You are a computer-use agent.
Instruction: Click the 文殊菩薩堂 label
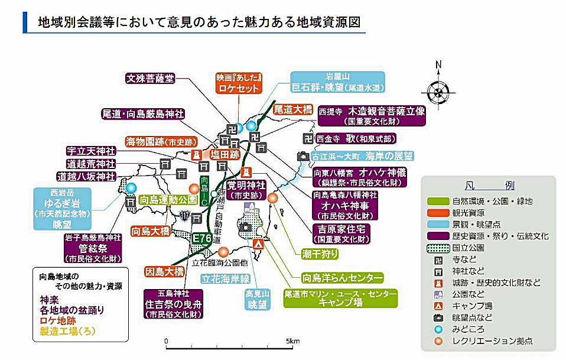(150, 78)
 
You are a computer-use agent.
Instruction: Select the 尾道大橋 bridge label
(292, 109)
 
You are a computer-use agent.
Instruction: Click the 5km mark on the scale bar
(292, 341)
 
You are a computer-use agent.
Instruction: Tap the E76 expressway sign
(202, 238)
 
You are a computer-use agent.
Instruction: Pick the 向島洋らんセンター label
(342, 277)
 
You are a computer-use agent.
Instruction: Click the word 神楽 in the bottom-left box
(48, 299)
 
